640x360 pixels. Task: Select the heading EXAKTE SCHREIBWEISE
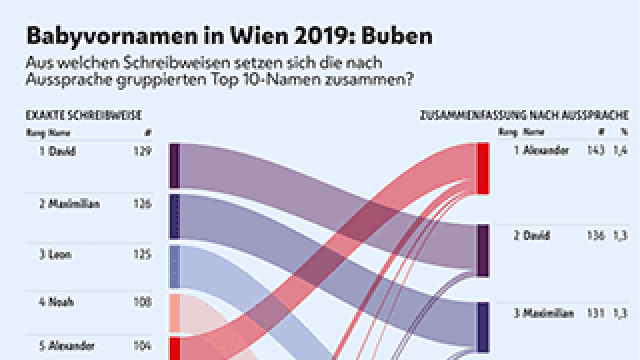84,115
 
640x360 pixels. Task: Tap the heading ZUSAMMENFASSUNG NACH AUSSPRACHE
524,115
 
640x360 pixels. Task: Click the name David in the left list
62,151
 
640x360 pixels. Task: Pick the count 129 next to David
142,151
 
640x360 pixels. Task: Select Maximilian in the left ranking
74,204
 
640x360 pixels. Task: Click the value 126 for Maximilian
142,204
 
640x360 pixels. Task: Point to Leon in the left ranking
60,255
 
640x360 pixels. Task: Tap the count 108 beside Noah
142,302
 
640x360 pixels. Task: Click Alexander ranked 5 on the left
71,346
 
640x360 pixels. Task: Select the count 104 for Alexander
142,346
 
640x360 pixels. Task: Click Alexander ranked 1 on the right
546,150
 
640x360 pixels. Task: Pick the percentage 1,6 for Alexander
620,150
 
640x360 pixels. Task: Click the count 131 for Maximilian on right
596,313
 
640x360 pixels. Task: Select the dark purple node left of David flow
175,166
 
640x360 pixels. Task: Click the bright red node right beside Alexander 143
483,169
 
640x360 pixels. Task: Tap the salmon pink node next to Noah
175,313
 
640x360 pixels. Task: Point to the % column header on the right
624,132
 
